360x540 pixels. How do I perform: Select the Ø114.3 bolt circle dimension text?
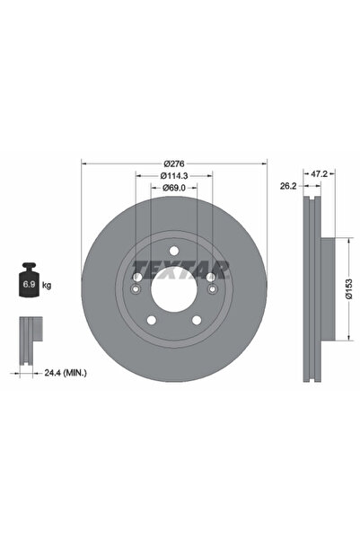(x=175, y=176)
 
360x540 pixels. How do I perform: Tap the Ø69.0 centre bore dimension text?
(x=175, y=188)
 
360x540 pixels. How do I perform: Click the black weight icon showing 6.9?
(x=28, y=282)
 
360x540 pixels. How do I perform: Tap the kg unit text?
(x=47, y=285)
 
